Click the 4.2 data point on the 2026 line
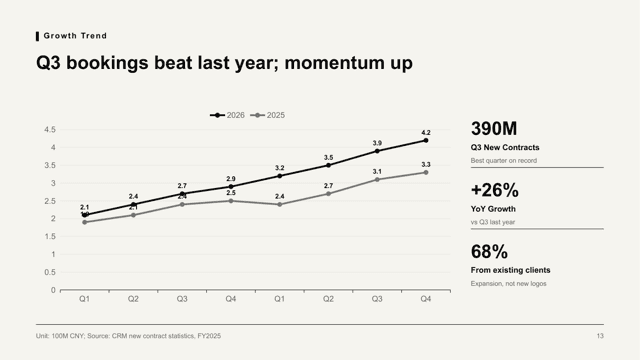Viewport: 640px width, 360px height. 426,140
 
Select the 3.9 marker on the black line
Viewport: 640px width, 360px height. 377,151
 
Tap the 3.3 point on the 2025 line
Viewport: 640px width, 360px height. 426,173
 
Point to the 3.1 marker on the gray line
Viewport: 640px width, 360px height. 377,180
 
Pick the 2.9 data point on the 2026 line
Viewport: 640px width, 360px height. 231,187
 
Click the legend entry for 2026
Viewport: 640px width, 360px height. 227,116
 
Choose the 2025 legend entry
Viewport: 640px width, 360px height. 267,116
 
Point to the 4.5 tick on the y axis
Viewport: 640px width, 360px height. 50,130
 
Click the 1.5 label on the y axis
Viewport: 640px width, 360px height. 50,237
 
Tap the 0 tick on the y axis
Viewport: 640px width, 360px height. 53,290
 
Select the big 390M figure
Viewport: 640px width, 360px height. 494,129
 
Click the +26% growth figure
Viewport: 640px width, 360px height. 495,190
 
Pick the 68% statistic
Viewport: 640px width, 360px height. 489,252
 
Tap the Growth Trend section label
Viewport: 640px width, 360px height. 75,36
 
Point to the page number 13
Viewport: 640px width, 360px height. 600,336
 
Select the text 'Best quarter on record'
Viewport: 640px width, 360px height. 504,161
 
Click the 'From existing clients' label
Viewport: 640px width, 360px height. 510,270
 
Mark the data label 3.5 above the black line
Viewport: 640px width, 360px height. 329,158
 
